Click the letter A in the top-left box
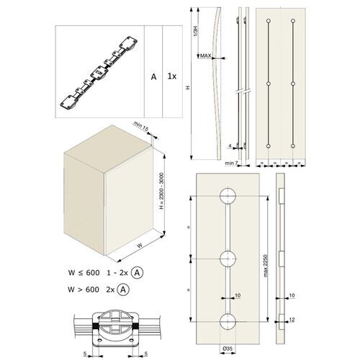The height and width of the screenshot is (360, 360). click(153, 76)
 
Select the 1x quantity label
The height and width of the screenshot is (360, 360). click(171, 76)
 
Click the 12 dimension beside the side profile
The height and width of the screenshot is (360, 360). click(290, 321)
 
